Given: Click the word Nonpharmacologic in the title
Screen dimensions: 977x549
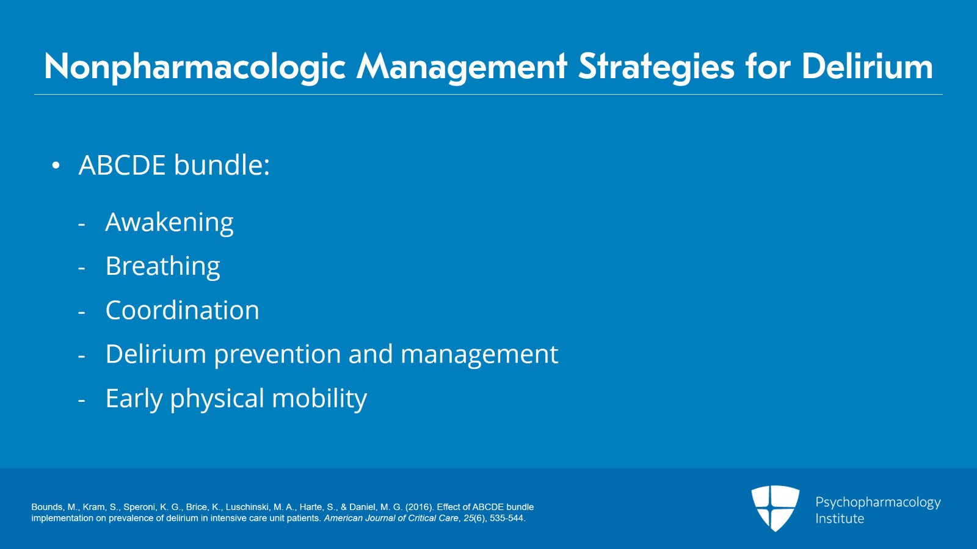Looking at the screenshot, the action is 195,67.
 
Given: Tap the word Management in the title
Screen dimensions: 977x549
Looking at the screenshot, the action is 462,67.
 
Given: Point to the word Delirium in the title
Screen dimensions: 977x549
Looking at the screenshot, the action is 867,67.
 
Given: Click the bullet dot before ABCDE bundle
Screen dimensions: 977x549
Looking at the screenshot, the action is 56,165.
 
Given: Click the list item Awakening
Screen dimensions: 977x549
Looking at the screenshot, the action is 170,222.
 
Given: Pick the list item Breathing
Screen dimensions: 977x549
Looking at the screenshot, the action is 162,266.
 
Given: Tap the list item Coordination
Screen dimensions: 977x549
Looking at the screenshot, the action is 183,310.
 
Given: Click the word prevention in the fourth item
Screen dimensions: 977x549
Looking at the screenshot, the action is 277,354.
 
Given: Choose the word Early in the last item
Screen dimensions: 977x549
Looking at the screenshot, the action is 134,398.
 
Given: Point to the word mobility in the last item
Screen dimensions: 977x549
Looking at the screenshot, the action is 319,398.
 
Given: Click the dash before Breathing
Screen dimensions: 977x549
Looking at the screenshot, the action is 82,268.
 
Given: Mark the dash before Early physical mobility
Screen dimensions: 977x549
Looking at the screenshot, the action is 82,401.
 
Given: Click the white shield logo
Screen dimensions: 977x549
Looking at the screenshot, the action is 775,508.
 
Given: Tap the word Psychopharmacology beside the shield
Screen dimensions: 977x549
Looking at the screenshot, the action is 878,503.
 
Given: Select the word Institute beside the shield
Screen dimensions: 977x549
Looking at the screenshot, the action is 840,518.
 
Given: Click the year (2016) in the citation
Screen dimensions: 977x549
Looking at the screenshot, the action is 419,507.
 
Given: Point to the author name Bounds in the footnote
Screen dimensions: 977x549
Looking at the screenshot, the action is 46,507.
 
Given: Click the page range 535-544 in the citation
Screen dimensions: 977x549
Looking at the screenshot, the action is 507,518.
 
